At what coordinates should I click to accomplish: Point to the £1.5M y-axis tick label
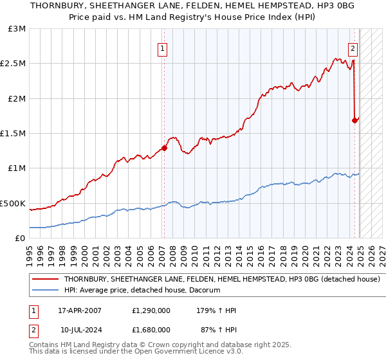[14, 134]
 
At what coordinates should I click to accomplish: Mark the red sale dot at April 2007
[164, 148]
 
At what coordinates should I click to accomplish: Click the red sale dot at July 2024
[354, 120]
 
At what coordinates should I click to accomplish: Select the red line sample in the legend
[45, 280]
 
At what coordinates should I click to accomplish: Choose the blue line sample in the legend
[45, 291]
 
